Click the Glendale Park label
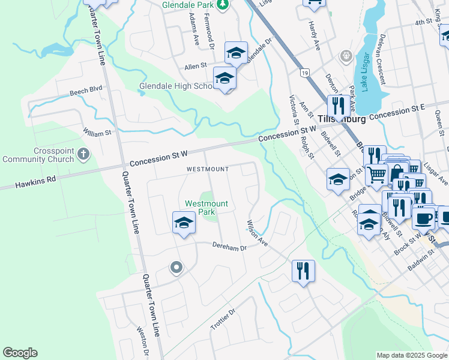coord(188,5)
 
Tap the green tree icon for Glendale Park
coord(223,5)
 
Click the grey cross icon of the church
coord(83,155)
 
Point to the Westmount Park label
coord(206,208)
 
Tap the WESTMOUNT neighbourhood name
coord(207,169)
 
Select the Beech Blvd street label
coord(86,91)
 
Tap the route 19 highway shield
coord(305,73)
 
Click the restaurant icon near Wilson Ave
coord(303,271)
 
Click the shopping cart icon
coord(376,175)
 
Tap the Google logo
coord(20,353)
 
